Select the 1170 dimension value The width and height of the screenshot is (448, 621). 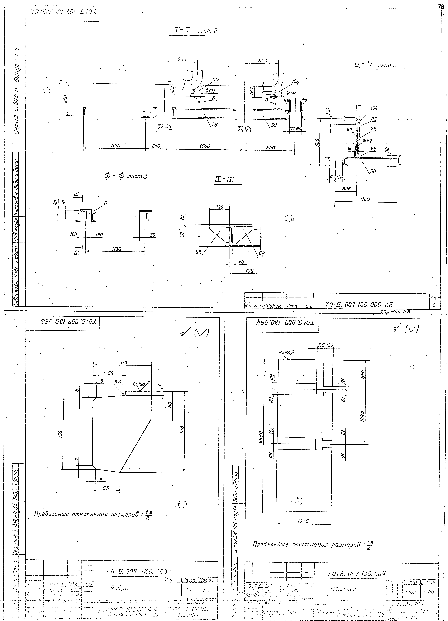click(x=116, y=146)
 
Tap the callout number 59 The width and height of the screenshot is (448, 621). click(x=274, y=125)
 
